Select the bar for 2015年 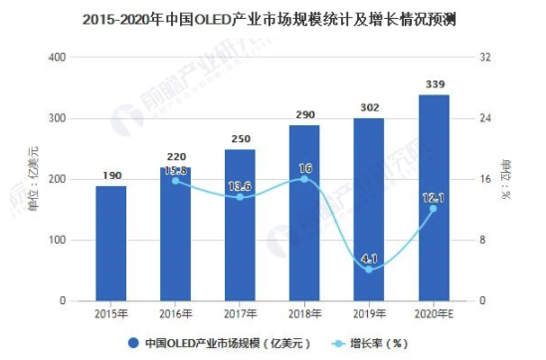tap(110, 244)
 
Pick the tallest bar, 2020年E tap(433, 199)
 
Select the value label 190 tap(110, 176)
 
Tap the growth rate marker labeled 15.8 tap(175, 181)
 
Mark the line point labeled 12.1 tap(433, 209)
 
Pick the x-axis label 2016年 tap(175, 315)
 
